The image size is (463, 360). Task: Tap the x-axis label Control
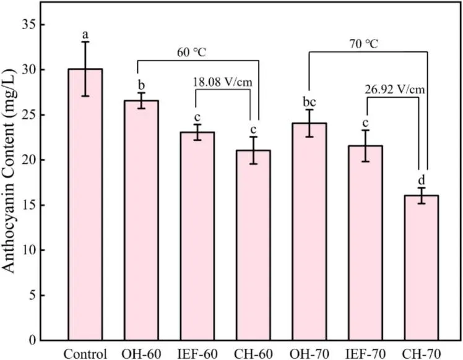pos(85,353)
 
